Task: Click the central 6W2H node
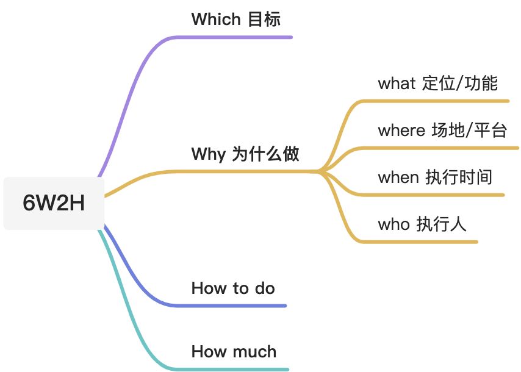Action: click(53, 204)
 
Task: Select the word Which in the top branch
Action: click(216, 19)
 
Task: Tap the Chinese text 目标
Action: click(264, 19)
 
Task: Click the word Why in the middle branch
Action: click(208, 154)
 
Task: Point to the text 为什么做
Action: click(265, 154)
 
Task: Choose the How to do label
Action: click(233, 288)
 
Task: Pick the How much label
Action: click(234, 351)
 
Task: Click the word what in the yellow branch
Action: click(397, 83)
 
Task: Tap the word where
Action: click(401, 130)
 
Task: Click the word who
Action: click(393, 224)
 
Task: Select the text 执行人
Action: click(441, 224)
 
